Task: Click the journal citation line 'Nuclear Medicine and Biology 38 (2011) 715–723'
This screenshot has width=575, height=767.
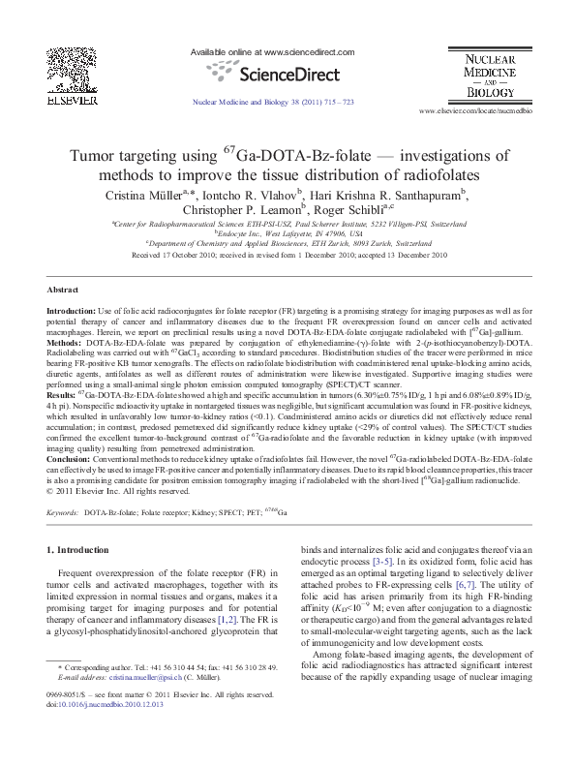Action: (274, 101)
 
